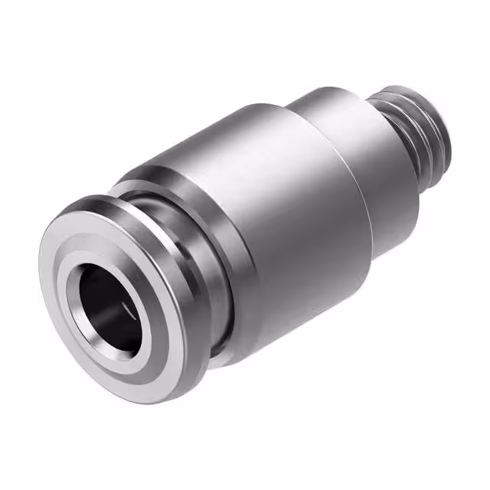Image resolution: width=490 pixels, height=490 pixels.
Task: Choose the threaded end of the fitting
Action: coord(417,130)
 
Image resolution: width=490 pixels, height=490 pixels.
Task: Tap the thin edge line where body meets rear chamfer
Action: coord(348,184)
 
